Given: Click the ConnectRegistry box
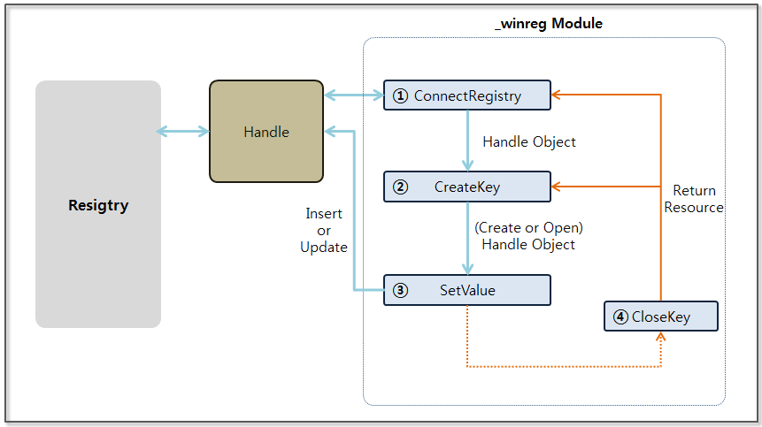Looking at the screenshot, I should pyautogui.click(x=466, y=95).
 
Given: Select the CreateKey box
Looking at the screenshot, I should pyautogui.click(x=466, y=187).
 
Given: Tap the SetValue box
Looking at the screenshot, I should pyautogui.click(x=466, y=290).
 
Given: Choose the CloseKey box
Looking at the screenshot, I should pyautogui.click(x=660, y=316).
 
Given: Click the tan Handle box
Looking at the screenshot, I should pyautogui.click(x=266, y=132).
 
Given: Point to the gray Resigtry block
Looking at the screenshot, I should pyautogui.click(x=98, y=204).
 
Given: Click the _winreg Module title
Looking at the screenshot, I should pyautogui.click(x=548, y=24).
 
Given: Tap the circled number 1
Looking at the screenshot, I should pyautogui.click(x=400, y=95).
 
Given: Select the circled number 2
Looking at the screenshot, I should pyautogui.click(x=400, y=187).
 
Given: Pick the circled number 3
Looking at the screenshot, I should pyautogui.click(x=400, y=290).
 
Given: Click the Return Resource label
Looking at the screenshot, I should pyautogui.click(x=694, y=199).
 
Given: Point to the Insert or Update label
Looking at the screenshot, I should pyautogui.click(x=324, y=230).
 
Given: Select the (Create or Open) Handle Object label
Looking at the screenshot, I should pyautogui.click(x=528, y=236).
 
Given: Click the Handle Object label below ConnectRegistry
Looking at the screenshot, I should pyautogui.click(x=529, y=141).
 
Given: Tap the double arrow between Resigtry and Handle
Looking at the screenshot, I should pyautogui.click(x=182, y=132).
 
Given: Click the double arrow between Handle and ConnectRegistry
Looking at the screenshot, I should pyautogui.click(x=353, y=95).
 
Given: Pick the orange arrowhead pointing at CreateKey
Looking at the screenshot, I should pyautogui.click(x=558, y=187).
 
